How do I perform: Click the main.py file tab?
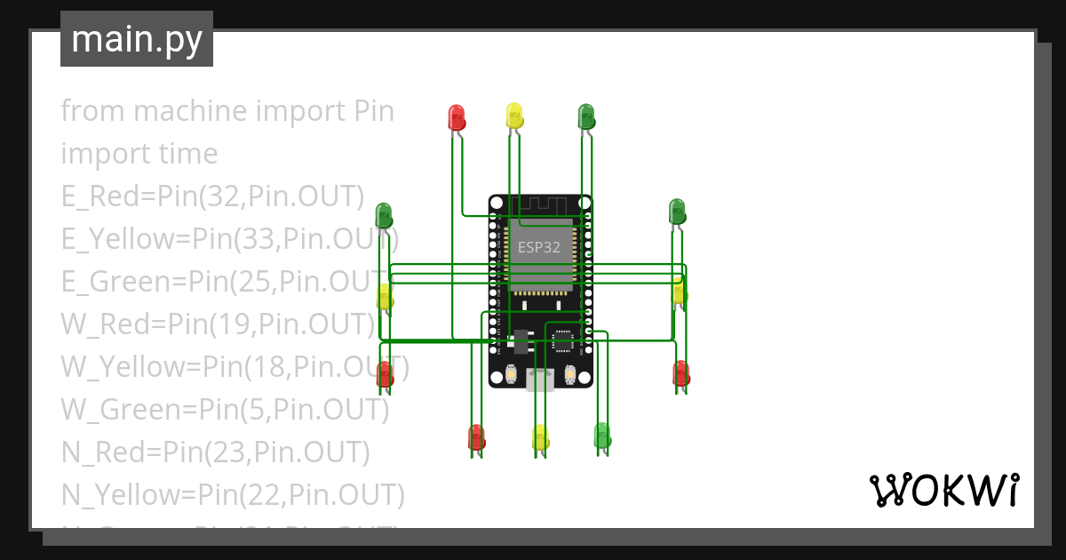pyautogui.click(x=136, y=39)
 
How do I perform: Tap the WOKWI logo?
pyautogui.click(x=943, y=490)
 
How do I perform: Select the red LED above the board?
pyautogui.click(x=457, y=117)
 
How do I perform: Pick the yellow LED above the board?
pyautogui.click(x=514, y=116)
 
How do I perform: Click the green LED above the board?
pyautogui.click(x=586, y=116)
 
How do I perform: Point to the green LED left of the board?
pyautogui.click(x=384, y=214)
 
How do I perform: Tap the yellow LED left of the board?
pyautogui.click(x=385, y=297)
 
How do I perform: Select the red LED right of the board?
pyautogui.click(x=681, y=372)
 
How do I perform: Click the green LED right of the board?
pyautogui.click(x=677, y=212)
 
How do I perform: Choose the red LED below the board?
pyautogui.click(x=476, y=437)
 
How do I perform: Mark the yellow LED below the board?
pyautogui.click(x=540, y=437)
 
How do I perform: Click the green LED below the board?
pyautogui.click(x=602, y=436)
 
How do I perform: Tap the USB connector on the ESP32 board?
pyautogui.click(x=539, y=380)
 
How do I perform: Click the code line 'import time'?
pyautogui.click(x=139, y=154)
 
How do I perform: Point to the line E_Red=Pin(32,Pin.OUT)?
pyautogui.click(x=213, y=196)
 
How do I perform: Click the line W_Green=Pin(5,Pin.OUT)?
pyautogui.click(x=225, y=409)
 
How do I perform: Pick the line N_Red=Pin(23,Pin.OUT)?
pyautogui.click(x=215, y=452)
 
